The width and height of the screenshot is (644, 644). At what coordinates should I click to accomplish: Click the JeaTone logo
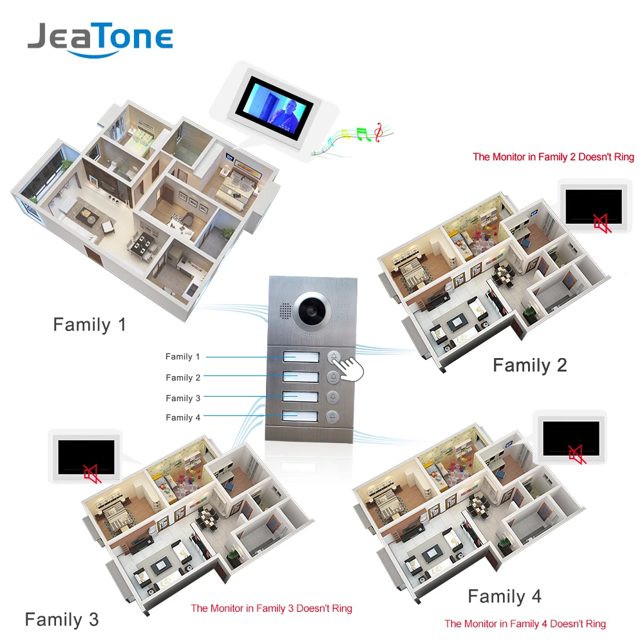pyautogui.click(x=100, y=39)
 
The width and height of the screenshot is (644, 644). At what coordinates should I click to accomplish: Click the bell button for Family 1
pyautogui.click(x=334, y=356)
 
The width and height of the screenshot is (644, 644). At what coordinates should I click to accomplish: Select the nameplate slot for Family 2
pyautogui.click(x=301, y=376)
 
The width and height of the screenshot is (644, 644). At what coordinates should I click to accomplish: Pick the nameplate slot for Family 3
pyautogui.click(x=301, y=397)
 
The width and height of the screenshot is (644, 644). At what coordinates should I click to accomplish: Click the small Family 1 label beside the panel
pyautogui.click(x=183, y=357)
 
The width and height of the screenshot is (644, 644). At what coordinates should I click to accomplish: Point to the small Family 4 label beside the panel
pyautogui.click(x=183, y=417)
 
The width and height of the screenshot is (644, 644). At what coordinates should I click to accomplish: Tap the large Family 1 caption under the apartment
pyautogui.click(x=90, y=325)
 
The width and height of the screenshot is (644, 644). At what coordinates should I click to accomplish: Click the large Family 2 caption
pyautogui.click(x=529, y=365)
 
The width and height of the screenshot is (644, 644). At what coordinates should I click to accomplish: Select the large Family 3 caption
pyautogui.click(x=62, y=620)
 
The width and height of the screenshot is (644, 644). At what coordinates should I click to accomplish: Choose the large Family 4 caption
pyautogui.click(x=504, y=596)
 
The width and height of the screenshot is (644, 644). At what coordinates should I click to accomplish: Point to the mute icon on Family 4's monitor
pyautogui.click(x=576, y=455)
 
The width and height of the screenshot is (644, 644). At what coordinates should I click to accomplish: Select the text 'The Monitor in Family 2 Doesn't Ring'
pyautogui.click(x=553, y=156)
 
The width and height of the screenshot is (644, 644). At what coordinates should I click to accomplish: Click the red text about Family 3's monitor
pyautogui.click(x=271, y=608)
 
